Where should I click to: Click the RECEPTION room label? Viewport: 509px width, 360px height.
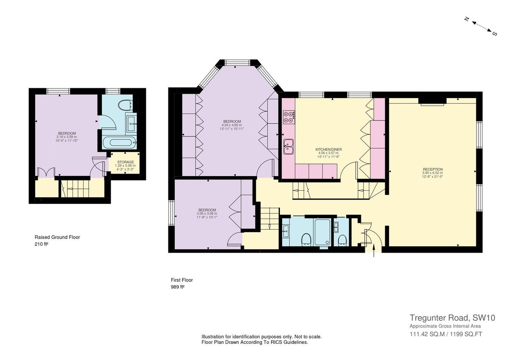432,169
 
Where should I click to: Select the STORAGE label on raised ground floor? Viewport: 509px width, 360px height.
125,162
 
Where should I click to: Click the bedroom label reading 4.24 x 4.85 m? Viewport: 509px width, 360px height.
232,121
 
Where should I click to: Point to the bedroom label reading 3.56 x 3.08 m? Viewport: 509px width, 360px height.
207,210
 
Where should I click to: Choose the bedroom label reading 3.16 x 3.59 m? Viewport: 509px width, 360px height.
67,133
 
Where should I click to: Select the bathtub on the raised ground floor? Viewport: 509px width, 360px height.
119,142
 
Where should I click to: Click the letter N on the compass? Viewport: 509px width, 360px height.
466,19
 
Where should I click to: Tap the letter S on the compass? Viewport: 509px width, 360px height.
494,34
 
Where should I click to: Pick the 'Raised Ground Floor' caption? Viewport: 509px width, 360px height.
57,237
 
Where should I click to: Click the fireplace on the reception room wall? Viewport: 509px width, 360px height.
432,102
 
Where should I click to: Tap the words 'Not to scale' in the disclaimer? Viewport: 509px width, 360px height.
308,337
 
